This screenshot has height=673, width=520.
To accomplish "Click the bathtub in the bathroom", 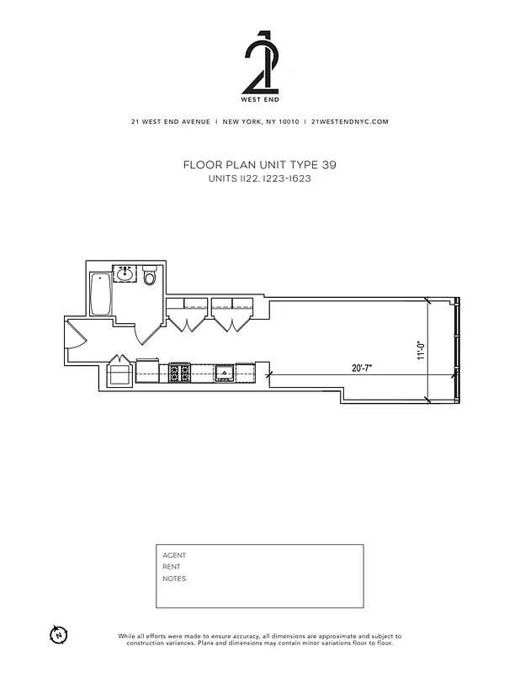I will click(x=101, y=294).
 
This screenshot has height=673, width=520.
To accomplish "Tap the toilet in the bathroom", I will click(x=151, y=275).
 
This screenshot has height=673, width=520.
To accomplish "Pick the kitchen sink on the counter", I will click(x=224, y=371).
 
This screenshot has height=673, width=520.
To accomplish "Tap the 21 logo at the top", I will click(x=259, y=63).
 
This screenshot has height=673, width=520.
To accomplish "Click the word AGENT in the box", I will click(x=174, y=555).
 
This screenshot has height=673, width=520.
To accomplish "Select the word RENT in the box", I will click(x=172, y=567).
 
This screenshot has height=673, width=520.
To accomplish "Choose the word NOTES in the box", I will click(x=174, y=579).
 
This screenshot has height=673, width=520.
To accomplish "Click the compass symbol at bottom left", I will click(x=58, y=634).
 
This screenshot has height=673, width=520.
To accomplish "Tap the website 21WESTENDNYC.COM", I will click(x=349, y=121).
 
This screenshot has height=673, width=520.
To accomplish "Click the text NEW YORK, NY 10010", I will click(x=260, y=121).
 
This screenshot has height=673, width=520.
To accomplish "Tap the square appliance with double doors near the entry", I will click(x=119, y=371).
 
